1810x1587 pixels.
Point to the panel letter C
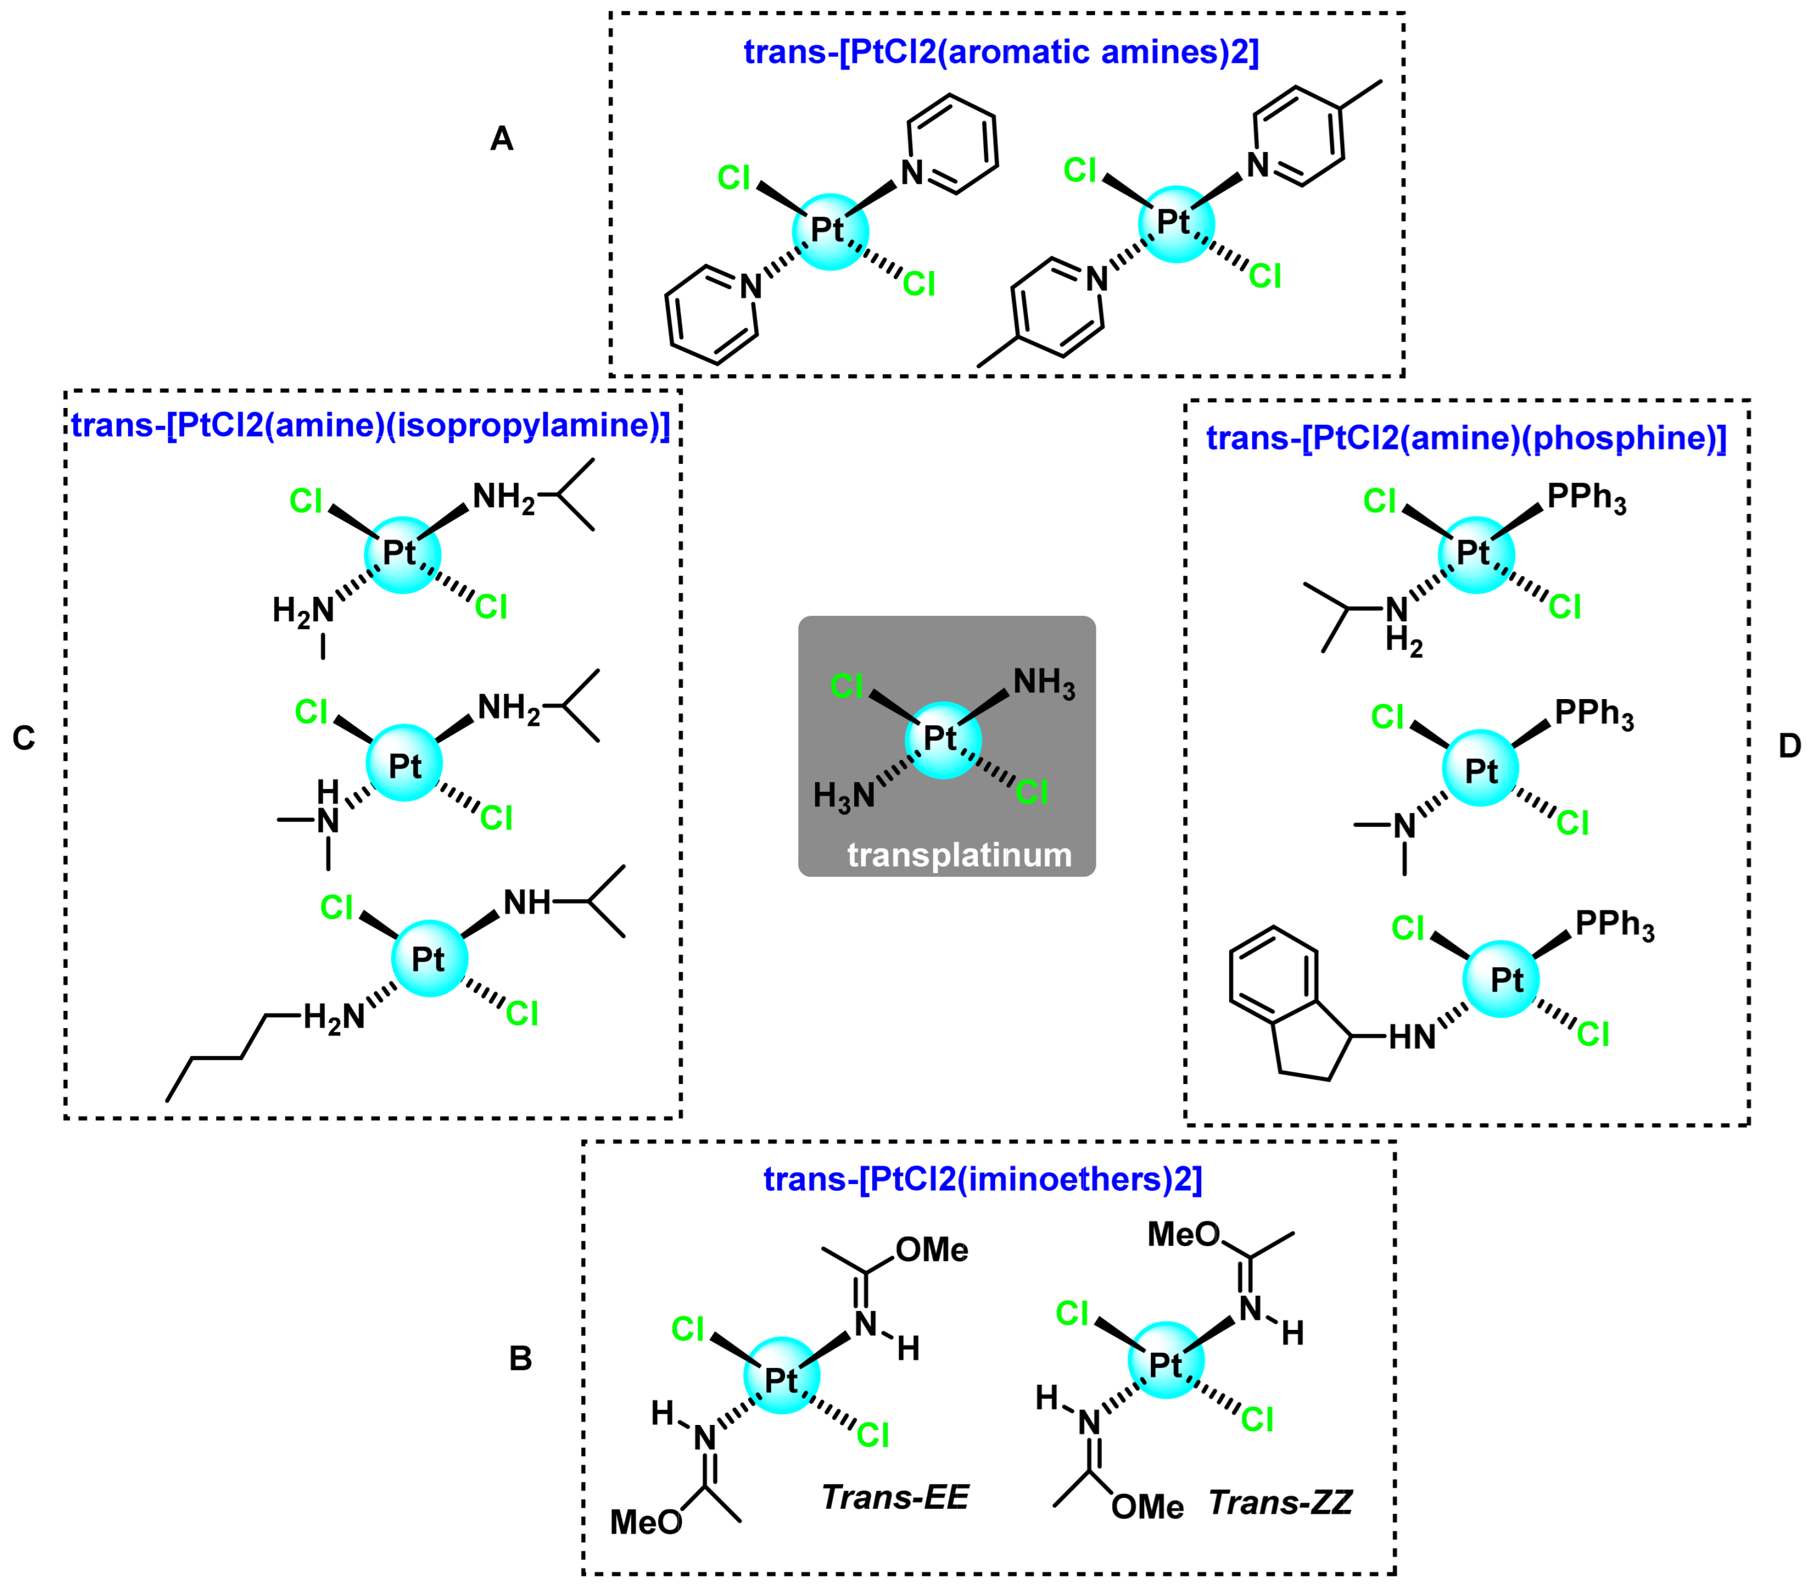tap(24, 738)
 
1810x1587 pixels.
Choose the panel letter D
tap(1789, 746)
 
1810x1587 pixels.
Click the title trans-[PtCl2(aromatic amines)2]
tap(1001, 52)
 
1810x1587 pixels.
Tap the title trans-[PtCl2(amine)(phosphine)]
tap(1466, 438)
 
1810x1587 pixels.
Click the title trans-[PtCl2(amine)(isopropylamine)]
tap(370, 425)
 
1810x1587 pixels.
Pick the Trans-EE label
tap(894, 1498)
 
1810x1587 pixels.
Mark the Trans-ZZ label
tap(1279, 1503)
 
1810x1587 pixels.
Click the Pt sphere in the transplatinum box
tap(943, 739)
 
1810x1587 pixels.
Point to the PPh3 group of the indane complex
tap(1614, 925)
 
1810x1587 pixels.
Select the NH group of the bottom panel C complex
tap(527, 903)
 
